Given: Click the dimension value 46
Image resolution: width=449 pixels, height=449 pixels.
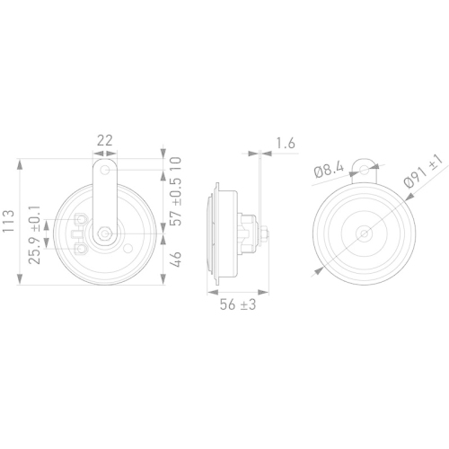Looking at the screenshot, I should coord(177,261).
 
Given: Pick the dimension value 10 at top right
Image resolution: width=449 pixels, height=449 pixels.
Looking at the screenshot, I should coord(177,165).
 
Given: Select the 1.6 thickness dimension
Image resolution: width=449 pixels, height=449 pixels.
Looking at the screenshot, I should coord(286,142).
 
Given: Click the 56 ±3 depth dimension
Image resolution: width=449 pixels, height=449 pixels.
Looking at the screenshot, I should coord(239,305).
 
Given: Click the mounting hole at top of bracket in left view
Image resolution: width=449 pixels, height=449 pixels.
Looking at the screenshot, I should coord(108,169).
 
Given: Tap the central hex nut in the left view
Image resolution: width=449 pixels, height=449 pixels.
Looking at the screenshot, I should coord(108,233).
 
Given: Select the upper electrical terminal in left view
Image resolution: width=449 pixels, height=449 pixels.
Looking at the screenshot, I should coord(82,221).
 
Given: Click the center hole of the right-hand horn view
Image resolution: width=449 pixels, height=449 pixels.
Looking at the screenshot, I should coord(364,233).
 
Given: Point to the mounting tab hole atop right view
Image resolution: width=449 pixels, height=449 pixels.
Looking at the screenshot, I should coord(364,164).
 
